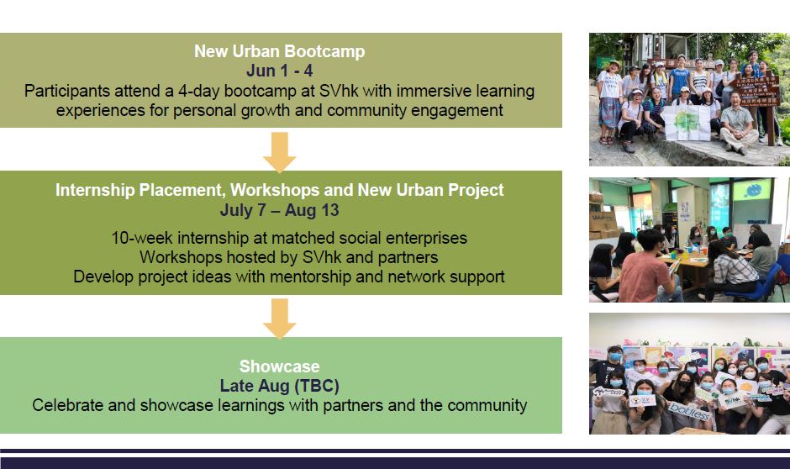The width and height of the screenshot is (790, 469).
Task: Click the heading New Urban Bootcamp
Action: [x=279, y=51]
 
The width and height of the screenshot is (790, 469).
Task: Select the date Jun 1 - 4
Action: [x=279, y=71]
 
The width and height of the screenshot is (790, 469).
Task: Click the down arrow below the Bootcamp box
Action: [x=279, y=151]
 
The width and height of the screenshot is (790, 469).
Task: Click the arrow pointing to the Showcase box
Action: [x=279, y=318]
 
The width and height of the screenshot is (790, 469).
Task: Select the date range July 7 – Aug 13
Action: [x=279, y=210]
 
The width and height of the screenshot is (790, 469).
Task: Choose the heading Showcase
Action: [x=279, y=366]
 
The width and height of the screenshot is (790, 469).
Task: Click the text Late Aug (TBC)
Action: [x=279, y=386]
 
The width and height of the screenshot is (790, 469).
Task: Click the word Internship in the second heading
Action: [x=94, y=190]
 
